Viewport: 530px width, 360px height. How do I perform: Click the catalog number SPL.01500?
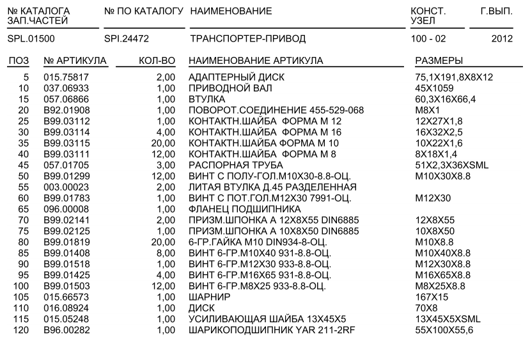click(x=31, y=39)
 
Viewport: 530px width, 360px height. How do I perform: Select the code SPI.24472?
click(x=127, y=39)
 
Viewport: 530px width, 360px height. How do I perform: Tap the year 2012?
click(x=503, y=39)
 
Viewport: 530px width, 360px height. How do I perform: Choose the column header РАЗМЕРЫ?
click(x=439, y=61)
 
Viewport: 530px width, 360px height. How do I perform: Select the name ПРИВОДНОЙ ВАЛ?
click(x=224, y=88)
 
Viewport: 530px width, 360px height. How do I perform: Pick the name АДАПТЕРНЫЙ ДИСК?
click(x=230, y=77)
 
